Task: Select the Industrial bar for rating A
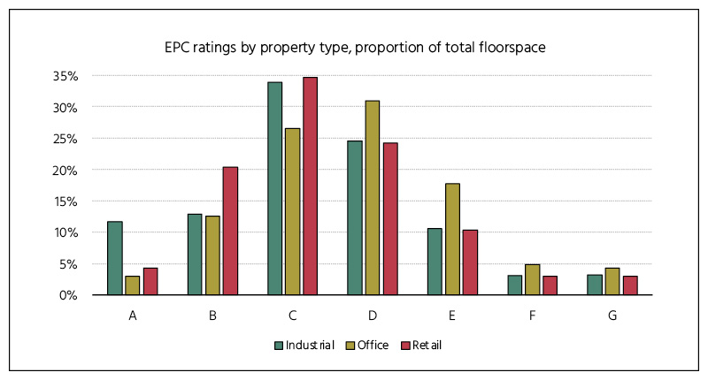[x=114, y=258]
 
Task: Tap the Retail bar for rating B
[x=230, y=231]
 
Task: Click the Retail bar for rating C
[x=310, y=186]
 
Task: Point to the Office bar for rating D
[x=372, y=198]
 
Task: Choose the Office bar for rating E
[x=452, y=239]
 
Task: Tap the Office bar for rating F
[x=532, y=279]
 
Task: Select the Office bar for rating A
[x=132, y=285]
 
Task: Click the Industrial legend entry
[x=304, y=345]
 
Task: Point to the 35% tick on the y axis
[x=67, y=76]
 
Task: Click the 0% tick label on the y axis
[x=71, y=295]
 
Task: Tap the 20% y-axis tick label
[x=67, y=170]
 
